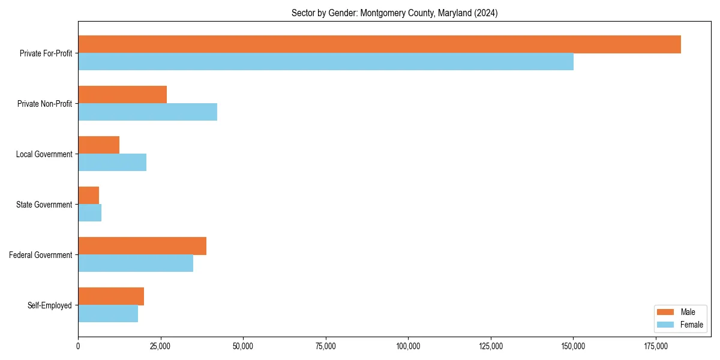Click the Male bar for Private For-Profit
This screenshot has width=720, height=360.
pyautogui.click(x=379, y=44)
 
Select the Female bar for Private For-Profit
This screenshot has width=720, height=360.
pyautogui.click(x=326, y=62)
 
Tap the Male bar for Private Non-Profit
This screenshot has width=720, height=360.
pyautogui.click(x=122, y=95)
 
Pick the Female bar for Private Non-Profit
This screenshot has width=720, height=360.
pyautogui.click(x=148, y=112)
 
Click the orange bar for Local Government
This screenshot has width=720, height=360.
pyautogui.click(x=99, y=145)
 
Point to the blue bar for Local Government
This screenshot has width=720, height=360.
pyautogui.click(x=112, y=163)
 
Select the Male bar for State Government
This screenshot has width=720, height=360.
pyautogui.click(x=89, y=196)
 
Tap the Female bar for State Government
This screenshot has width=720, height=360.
pyautogui.click(x=90, y=213)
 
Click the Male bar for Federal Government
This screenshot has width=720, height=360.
pyautogui.click(x=142, y=246)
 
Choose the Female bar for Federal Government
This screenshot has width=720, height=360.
pyautogui.click(x=136, y=263)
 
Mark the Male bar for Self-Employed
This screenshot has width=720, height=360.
pyautogui.click(x=111, y=296)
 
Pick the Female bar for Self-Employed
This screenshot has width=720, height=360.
pyautogui.click(x=108, y=314)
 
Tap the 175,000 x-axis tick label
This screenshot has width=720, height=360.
pyautogui.click(x=656, y=346)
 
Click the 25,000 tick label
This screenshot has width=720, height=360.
pyautogui.click(x=160, y=346)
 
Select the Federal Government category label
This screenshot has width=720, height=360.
pyautogui.click(x=41, y=255)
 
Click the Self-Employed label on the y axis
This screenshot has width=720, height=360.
pyautogui.click(x=50, y=305)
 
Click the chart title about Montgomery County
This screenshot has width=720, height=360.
pyautogui.click(x=394, y=13)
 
